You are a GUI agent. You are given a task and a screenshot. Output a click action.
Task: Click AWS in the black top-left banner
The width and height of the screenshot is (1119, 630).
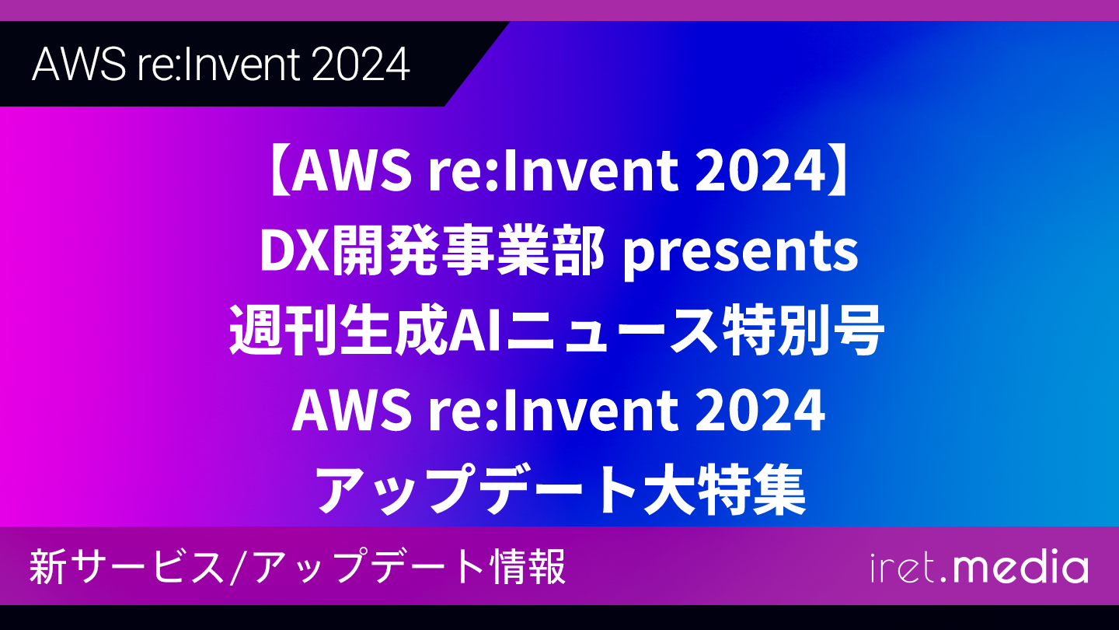pos(79,65)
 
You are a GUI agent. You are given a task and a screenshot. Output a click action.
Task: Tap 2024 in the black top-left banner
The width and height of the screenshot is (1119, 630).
pos(361,65)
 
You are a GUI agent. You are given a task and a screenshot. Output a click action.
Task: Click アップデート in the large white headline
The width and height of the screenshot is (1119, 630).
pos(478,489)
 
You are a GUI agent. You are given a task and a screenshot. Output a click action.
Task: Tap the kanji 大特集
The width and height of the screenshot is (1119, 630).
pos(724,488)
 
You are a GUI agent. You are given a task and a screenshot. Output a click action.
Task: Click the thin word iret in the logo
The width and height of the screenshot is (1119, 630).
pos(902,568)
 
